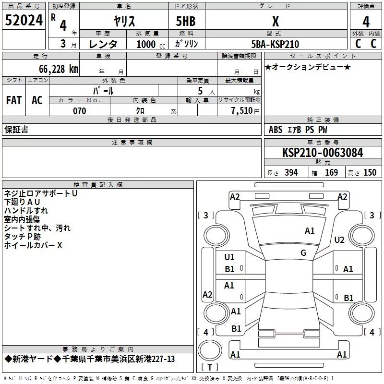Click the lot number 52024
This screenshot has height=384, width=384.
click(24, 21)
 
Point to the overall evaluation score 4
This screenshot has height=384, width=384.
click(366, 22)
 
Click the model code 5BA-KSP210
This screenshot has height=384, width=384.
click(275, 44)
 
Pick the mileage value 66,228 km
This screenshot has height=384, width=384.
click(53, 69)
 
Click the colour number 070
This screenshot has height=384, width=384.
click(79, 111)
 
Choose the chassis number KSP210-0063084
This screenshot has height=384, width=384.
click(322, 153)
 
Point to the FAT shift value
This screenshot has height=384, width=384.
click(14, 100)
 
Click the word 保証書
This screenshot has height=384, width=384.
click(16, 129)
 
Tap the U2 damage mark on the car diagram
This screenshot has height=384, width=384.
click(339, 240)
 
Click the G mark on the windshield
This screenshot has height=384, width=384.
click(303, 252)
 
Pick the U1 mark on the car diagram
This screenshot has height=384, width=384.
click(229, 257)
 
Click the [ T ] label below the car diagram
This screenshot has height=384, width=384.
click(208, 367)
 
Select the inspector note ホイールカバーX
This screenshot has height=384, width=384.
click(33, 245)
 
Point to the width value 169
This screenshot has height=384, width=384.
click(332, 173)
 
